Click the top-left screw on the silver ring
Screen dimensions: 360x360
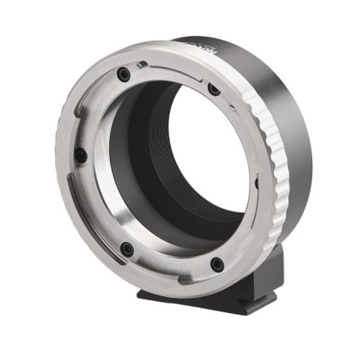click(123, 74)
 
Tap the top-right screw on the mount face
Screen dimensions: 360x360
click(214, 90)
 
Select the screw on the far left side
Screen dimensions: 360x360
click(80, 155)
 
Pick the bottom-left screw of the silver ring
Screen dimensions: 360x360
click(126, 249)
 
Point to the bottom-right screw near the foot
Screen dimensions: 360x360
click(216, 264)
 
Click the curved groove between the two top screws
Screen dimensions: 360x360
click(171, 67)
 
